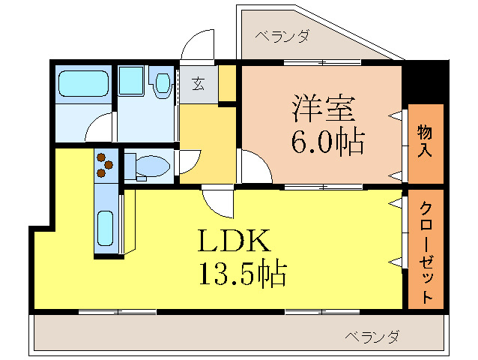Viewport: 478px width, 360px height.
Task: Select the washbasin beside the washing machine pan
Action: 162,84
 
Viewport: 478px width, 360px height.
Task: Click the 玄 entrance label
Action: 198,82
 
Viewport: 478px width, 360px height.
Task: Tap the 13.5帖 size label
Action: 241,274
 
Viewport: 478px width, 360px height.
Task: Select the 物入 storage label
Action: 426,142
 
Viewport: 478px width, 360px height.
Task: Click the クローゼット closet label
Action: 426,250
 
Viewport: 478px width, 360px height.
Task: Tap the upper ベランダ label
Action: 282,35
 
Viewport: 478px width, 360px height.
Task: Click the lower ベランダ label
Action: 372,336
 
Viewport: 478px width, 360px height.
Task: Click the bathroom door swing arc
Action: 100,130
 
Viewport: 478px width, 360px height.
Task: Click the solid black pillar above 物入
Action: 425,82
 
